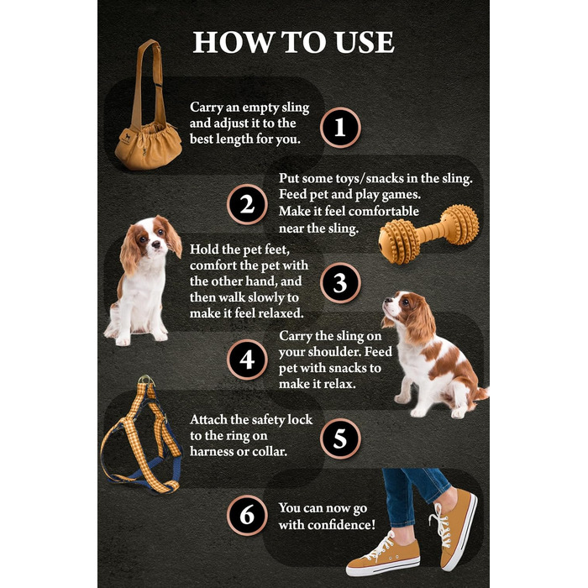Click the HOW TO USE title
pos(293,42)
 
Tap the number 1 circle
pos(340,128)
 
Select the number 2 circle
pos(247,205)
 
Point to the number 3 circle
pos(340,283)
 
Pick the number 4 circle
pos(247,360)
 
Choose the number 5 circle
pos(340,438)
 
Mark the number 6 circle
pos(247,516)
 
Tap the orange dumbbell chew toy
pos(428,234)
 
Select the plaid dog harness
pos(141,435)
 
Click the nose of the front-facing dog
pos(155,245)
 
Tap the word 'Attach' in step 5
pos(207,419)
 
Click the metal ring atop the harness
pos(147,380)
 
